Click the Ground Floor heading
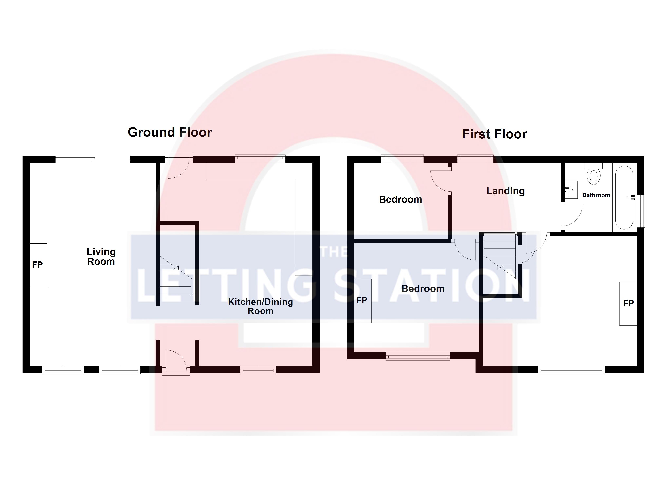pyautogui.click(x=170, y=132)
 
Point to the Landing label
pyautogui.click(x=505, y=191)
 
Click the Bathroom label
pyautogui.click(x=596, y=195)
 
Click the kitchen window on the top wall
pyautogui.click(x=260, y=159)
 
